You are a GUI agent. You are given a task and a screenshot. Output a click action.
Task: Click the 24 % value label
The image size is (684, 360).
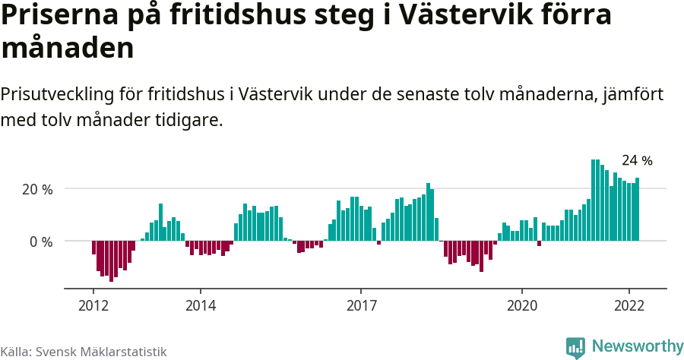pyautogui.click(x=637, y=161)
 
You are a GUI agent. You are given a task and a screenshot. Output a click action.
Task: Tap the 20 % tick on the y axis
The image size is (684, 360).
pyautogui.click(x=36, y=189)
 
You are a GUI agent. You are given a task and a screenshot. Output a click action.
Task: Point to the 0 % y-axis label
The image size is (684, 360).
pyautogui.click(x=41, y=242)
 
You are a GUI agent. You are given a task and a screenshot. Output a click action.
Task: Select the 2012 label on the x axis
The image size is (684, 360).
pyautogui.click(x=93, y=305)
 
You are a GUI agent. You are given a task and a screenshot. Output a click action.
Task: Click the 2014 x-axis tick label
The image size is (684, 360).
pyautogui.click(x=200, y=305)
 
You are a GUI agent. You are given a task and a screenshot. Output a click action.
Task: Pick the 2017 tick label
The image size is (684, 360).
pyautogui.click(x=361, y=305)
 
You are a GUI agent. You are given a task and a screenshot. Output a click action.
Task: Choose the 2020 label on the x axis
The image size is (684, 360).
pyautogui.click(x=522, y=305)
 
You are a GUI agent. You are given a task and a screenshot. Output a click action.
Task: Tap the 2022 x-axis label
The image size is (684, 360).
pyautogui.click(x=629, y=305)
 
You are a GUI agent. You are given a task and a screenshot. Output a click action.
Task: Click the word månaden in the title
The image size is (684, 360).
pyautogui.click(x=68, y=49)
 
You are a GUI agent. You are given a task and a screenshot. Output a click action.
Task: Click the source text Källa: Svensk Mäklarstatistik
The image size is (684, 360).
pyautogui.click(x=84, y=352)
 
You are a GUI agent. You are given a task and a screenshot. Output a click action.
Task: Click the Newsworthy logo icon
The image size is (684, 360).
pyautogui.click(x=575, y=347)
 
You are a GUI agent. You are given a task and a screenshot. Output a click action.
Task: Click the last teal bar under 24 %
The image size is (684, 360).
pyautogui.click(x=638, y=210)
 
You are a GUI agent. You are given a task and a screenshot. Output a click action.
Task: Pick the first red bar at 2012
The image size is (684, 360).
pyautogui.click(x=93, y=248)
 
